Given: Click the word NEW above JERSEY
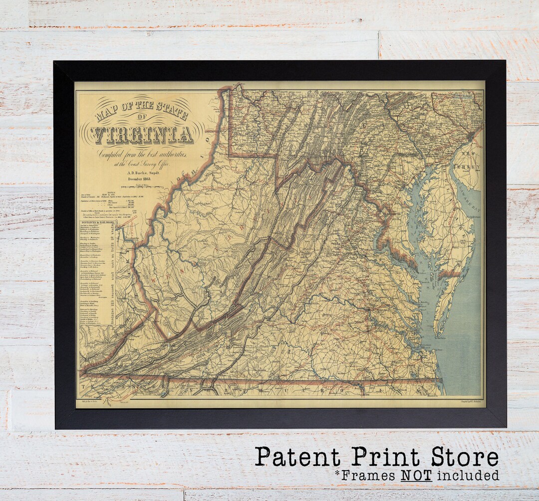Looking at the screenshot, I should coord(468,155).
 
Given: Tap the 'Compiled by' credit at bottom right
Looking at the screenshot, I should coord(467,401).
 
